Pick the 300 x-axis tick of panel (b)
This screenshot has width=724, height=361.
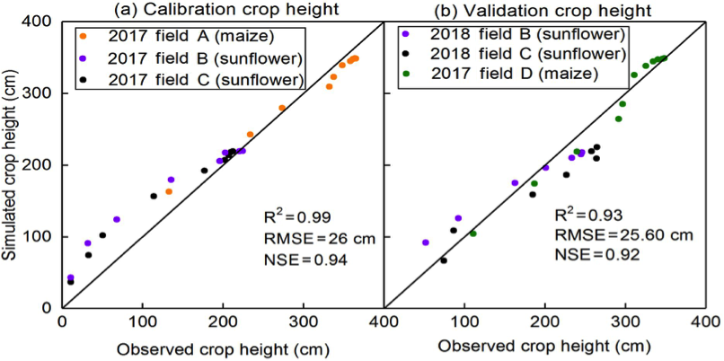[625, 319]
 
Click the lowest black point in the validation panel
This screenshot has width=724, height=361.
[444, 260]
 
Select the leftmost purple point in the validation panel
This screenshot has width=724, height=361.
[426, 242]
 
